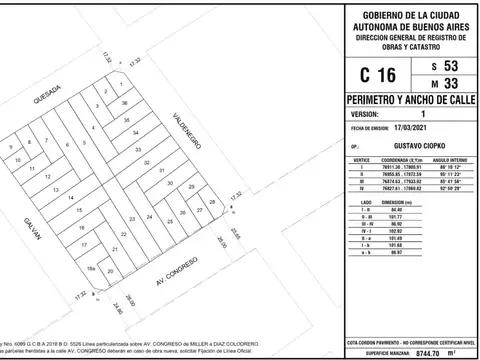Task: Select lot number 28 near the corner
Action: [x=211, y=203]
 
